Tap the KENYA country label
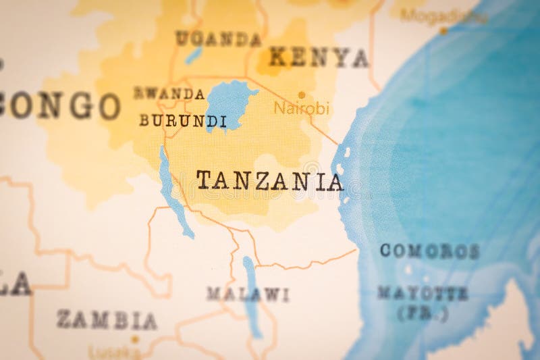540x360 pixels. tap(319, 57)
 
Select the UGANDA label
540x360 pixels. tap(217, 38)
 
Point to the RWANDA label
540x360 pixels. tap(169, 94)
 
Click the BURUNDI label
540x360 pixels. tap(183, 121)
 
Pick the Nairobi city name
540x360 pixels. tap(301, 108)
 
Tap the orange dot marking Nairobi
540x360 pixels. tap(302, 95)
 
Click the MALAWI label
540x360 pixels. tap(248, 294)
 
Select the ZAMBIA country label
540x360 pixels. tap(107, 319)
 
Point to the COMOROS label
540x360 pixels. tap(429, 251)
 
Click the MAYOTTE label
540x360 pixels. tap(423, 293)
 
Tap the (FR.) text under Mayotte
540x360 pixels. tap(423, 313)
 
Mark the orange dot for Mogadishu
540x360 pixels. tap(443, 30)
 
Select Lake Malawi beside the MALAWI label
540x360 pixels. tap(250, 290)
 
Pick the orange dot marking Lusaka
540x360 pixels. tap(134, 340)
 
